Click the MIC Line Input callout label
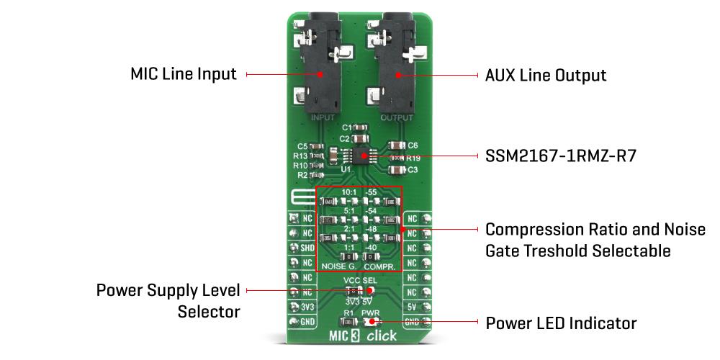click(x=184, y=74)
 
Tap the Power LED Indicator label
click(x=562, y=323)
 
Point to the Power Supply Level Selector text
click(x=169, y=300)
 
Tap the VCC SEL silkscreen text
click(x=360, y=280)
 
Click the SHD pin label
click(x=306, y=248)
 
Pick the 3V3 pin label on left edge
click(x=306, y=307)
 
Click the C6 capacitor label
click(x=413, y=145)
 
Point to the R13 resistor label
click(x=300, y=156)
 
